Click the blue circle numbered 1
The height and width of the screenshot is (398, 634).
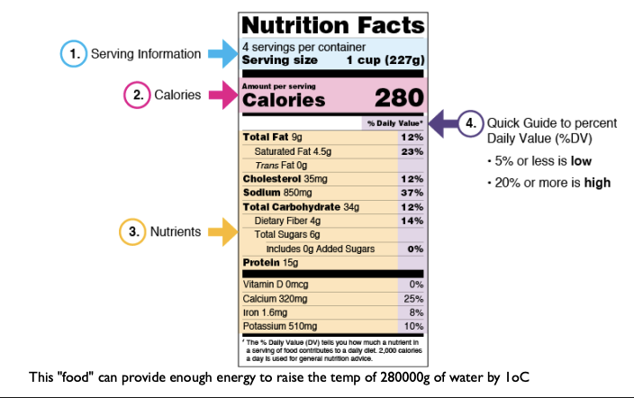(73, 54)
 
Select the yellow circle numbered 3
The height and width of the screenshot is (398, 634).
(133, 231)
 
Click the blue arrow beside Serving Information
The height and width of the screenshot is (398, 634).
(221, 54)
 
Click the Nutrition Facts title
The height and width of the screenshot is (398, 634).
(332, 24)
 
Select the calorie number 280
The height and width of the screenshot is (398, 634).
(398, 97)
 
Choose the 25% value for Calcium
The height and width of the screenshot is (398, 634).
(412, 298)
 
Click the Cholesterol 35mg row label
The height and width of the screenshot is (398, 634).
(282, 179)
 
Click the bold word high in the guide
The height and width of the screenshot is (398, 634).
(596, 183)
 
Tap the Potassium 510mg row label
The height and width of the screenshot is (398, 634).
(280, 326)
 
